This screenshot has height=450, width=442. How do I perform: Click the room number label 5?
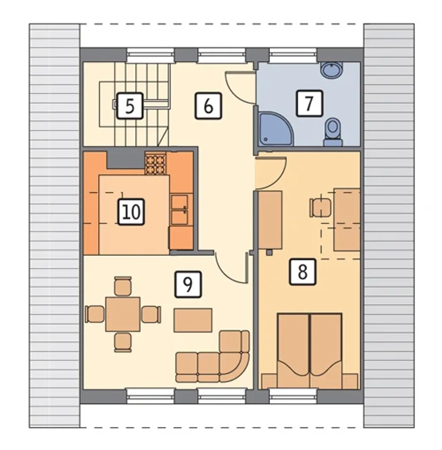click(x=130, y=106)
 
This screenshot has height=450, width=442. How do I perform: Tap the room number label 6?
click(x=208, y=106)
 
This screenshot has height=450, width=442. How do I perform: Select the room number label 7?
click(x=309, y=103)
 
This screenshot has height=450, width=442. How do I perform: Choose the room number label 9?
click(x=188, y=284)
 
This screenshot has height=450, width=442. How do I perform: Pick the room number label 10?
click(x=131, y=212)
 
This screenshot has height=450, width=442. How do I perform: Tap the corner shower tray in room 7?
click(x=276, y=130)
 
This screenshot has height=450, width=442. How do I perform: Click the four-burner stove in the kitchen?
click(x=155, y=163)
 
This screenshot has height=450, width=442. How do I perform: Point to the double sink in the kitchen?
click(x=180, y=210)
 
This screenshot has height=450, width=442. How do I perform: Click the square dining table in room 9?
click(x=123, y=314)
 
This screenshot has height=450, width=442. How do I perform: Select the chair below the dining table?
click(x=123, y=342)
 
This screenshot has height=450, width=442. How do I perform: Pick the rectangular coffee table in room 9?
click(x=193, y=320)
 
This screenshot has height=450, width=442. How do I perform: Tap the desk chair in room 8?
click(x=320, y=208)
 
